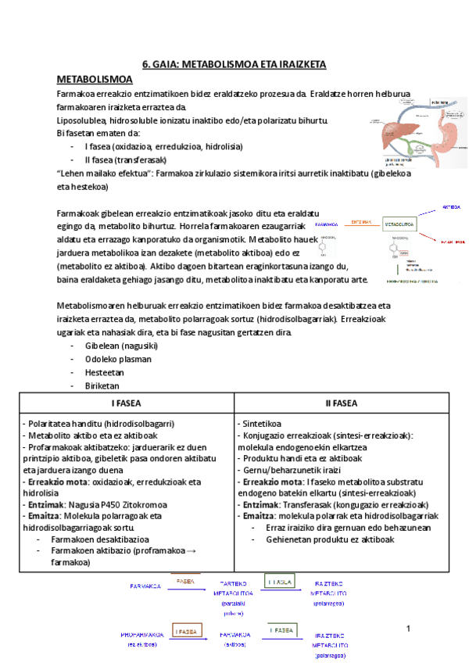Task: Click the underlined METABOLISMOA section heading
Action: (x=95, y=80)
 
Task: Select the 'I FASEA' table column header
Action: (x=125, y=403)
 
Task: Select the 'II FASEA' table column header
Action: (x=341, y=403)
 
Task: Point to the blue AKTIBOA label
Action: (x=451, y=208)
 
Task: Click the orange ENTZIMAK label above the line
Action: (x=360, y=221)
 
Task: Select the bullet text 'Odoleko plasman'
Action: (x=118, y=359)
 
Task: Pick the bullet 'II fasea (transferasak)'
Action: (x=129, y=159)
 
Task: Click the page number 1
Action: (x=408, y=629)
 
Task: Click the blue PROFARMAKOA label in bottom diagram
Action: (x=142, y=634)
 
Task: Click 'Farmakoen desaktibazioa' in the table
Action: (x=100, y=539)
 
